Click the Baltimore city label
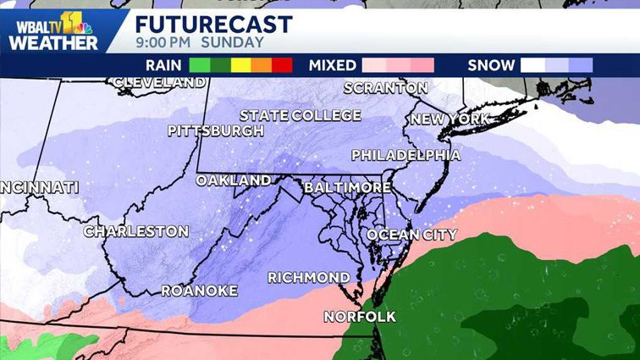point(347,186)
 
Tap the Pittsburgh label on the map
point(215,131)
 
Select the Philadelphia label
point(406,155)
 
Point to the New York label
point(450,119)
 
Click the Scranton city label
point(385,88)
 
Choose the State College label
point(300,115)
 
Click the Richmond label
point(308,278)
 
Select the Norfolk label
point(359,317)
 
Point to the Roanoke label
point(199,291)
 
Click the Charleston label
point(135,231)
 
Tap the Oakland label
point(233,180)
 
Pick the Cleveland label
point(158,82)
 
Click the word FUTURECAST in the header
point(213,24)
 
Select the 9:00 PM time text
point(163,42)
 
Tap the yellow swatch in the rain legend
point(240,65)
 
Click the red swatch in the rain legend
point(282,65)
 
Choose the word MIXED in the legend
point(333,65)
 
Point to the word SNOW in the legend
point(491,65)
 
